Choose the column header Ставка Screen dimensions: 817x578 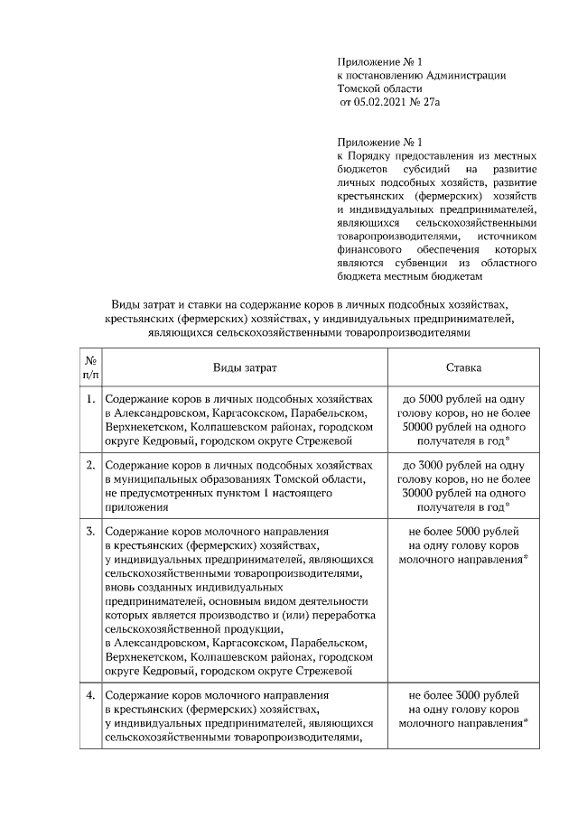(463, 369)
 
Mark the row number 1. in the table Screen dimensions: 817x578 (91, 399)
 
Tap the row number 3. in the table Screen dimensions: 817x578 (91, 531)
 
